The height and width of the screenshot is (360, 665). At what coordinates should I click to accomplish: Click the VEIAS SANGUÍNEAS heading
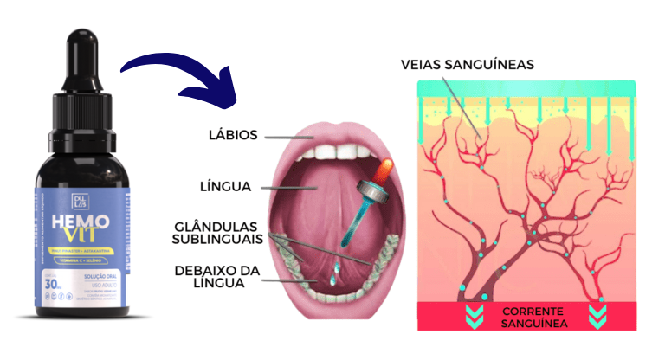[468, 64]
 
